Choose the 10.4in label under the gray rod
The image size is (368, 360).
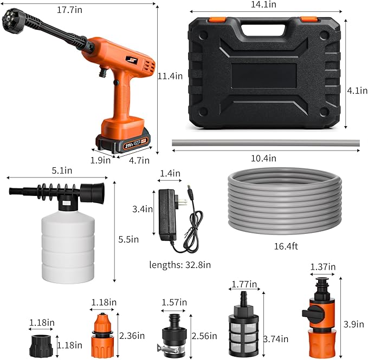(264, 158)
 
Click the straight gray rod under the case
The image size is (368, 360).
(265, 143)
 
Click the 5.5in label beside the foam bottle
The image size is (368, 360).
(128, 239)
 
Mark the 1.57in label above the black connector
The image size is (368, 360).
(175, 302)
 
